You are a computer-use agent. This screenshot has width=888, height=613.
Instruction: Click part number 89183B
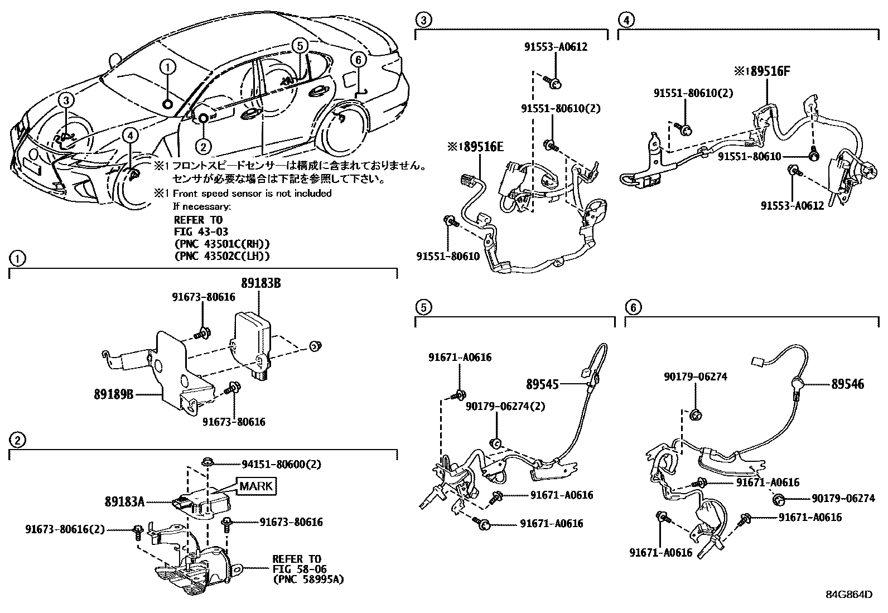point(260,283)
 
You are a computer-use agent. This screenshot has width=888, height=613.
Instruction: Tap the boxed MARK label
point(257,486)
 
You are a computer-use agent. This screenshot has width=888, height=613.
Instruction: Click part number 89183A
point(124,501)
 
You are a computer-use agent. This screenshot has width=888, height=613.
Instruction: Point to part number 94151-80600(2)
point(281,464)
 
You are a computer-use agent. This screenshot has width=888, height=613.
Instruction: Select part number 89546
point(847,384)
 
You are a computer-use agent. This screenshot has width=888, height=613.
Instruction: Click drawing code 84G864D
point(849,594)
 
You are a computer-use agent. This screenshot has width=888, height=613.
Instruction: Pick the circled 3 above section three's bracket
point(423,21)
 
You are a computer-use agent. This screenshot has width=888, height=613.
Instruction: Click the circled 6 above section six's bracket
point(633,307)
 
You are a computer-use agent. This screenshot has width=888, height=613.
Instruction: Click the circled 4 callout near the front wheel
point(129,135)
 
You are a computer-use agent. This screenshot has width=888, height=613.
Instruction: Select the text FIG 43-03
point(201,231)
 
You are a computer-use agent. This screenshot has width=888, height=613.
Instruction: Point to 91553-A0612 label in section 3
point(555,47)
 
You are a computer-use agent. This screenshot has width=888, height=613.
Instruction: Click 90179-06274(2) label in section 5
point(505,406)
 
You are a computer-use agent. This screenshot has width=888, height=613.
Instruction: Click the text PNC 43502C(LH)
point(222,255)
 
